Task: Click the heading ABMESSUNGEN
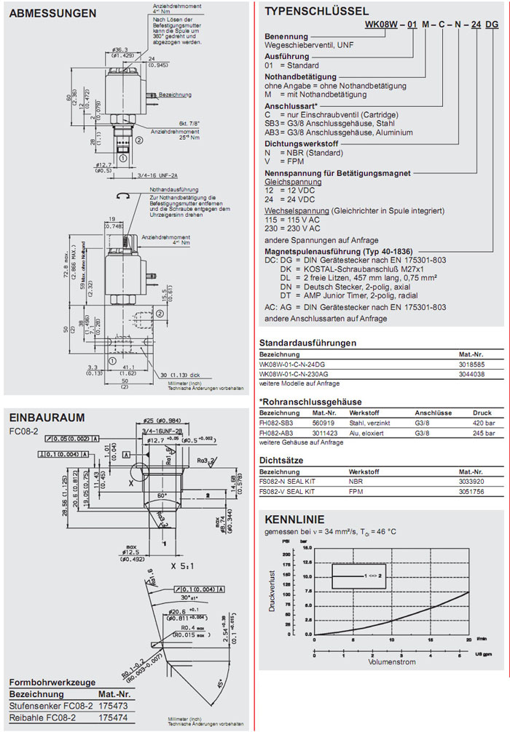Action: coord(52,13)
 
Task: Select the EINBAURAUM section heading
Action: coord(47,418)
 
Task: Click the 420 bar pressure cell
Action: coord(484,423)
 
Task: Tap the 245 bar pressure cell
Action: coord(484,432)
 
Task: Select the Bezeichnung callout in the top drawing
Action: coord(175,95)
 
